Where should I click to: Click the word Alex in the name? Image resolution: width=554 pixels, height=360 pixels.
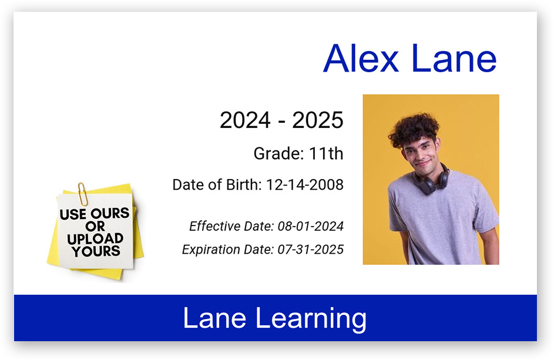pos(361,58)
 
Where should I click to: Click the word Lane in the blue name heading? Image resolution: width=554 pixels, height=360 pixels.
pos(454,58)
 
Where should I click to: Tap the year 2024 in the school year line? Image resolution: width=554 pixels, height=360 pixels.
pos(245,120)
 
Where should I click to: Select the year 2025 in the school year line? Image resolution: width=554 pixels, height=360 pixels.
pos(318,120)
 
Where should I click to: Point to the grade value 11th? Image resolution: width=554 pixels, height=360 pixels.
pos(326,154)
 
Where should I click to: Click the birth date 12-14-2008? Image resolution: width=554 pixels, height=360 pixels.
pos(304,185)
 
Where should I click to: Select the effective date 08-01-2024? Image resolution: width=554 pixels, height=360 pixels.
pos(311,226)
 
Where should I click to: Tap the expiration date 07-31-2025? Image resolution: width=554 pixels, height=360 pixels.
pos(311,250)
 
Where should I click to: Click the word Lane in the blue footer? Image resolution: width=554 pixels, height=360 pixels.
pos(214,318)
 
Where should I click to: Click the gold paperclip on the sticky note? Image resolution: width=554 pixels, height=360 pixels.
pos(83,194)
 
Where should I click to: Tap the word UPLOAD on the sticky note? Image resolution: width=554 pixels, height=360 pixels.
pos(95,239)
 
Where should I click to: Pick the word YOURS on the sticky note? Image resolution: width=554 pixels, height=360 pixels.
pos(96,251)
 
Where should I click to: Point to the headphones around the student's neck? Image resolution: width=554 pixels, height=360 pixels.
pos(432,181)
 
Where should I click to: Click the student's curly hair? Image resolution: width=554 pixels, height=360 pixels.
pos(414,129)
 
